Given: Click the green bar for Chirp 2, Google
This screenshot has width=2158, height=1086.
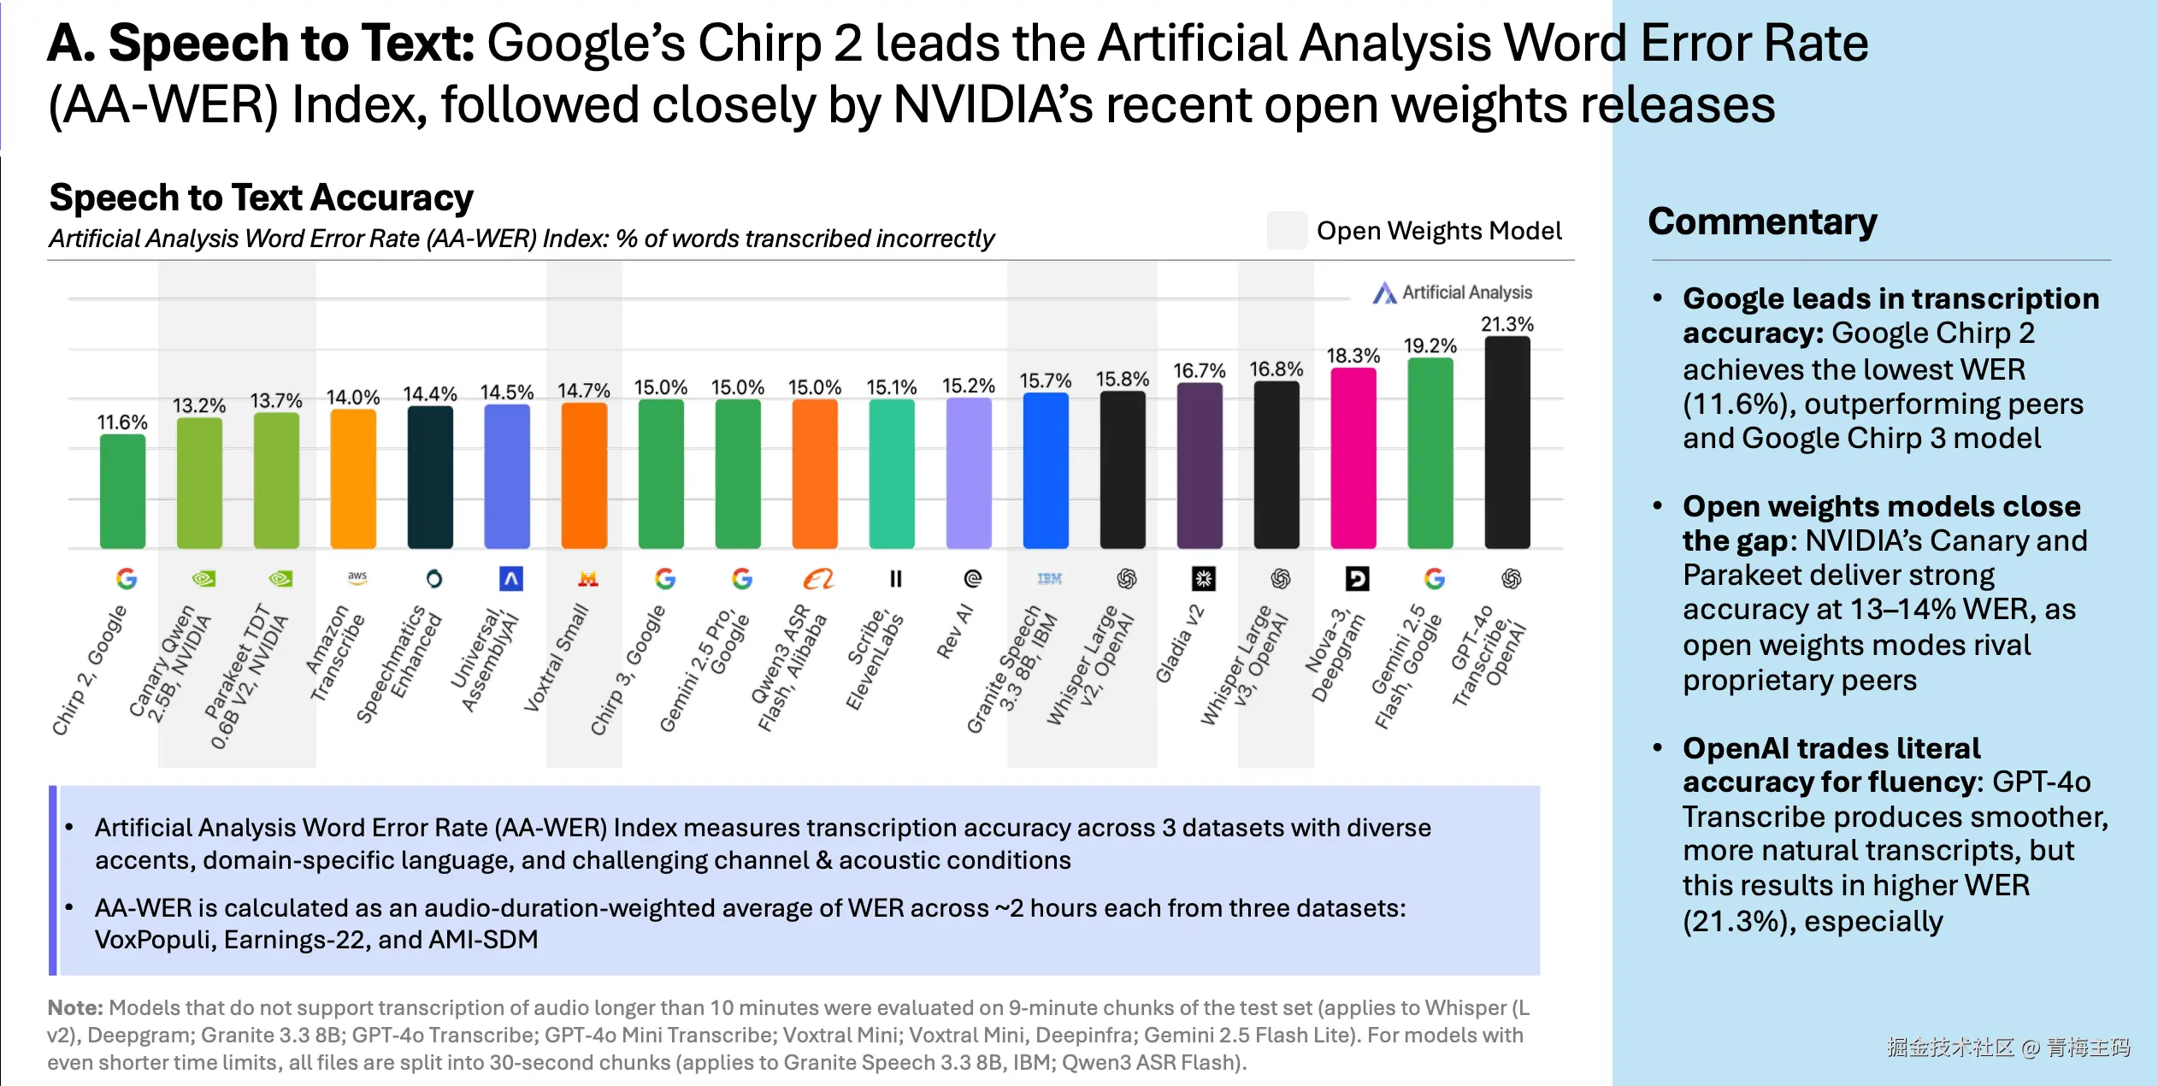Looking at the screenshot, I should (x=122, y=491).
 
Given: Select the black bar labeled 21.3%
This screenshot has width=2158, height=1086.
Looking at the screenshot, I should (x=1506, y=442).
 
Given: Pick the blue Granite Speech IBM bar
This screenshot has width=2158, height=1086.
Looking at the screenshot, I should (x=1045, y=470).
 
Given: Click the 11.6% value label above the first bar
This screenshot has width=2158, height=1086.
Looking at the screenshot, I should (x=122, y=422).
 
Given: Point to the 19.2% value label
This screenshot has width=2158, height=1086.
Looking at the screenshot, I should (x=1430, y=345).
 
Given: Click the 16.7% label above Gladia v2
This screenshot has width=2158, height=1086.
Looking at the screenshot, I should (x=1199, y=371).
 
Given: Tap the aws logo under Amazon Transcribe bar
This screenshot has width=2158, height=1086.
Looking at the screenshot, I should (x=357, y=578).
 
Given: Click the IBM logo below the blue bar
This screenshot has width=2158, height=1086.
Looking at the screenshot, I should (x=1049, y=579).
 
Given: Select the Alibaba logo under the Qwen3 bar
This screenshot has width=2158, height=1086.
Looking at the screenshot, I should (x=818, y=579).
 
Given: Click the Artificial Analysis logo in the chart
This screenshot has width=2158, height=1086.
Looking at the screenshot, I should (x=1452, y=292).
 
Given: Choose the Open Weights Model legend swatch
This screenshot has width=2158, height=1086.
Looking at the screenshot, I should (x=1286, y=231).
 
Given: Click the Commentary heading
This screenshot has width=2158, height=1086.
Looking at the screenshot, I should (x=1762, y=221).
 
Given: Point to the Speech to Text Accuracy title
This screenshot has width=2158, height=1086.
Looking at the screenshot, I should (x=261, y=198).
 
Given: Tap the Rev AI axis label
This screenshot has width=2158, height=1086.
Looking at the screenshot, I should (x=955, y=632).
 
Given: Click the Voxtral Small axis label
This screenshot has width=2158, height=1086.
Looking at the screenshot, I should (x=557, y=658).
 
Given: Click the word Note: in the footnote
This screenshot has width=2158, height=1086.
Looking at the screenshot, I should (x=74, y=1008).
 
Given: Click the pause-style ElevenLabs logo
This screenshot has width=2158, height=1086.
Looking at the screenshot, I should (x=895, y=579).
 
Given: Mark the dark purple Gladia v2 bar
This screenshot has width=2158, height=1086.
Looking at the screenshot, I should (x=1199, y=465).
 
